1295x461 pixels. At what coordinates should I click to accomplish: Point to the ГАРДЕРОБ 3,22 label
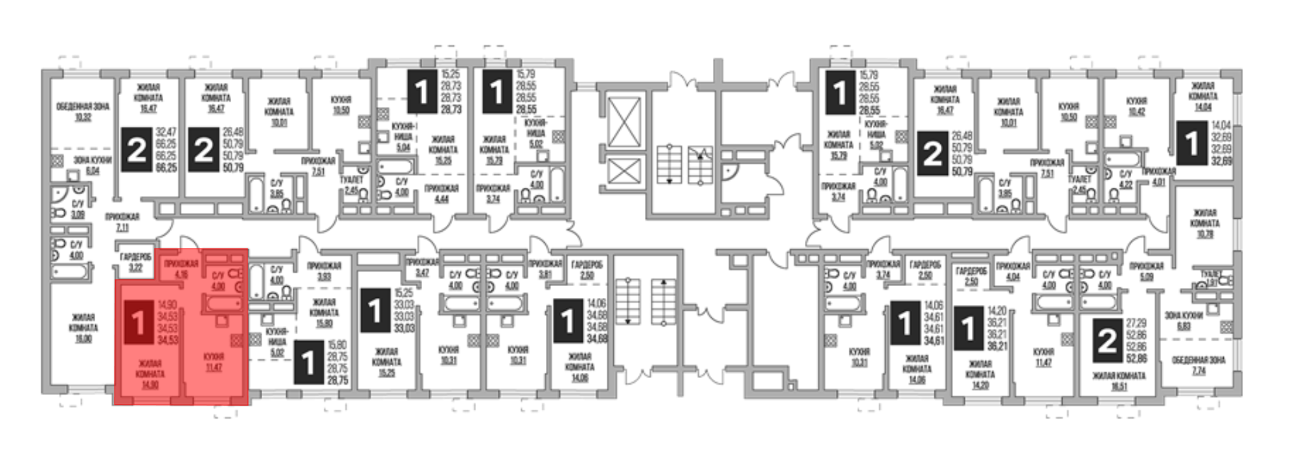pyautogui.click(x=135, y=262)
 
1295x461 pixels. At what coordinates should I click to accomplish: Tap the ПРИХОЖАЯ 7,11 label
pyautogui.click(x=122, y=223)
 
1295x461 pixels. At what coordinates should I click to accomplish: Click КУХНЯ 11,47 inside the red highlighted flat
pyautogui.click(x=213, y=362)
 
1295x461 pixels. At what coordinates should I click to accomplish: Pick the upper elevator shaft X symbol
pyautogui.click(x=622, y=122)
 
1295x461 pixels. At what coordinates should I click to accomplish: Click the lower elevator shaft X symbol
pyautogui.click(x=622, y=173)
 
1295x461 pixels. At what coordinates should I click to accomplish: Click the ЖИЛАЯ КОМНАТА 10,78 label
pyautogui.click(x=1204, y=223)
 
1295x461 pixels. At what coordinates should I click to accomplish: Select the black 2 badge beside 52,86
pyautogui.click(x=1107, y=341)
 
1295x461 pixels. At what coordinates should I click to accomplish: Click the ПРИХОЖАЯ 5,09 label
pyautogui.click(x=1147, y=271)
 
